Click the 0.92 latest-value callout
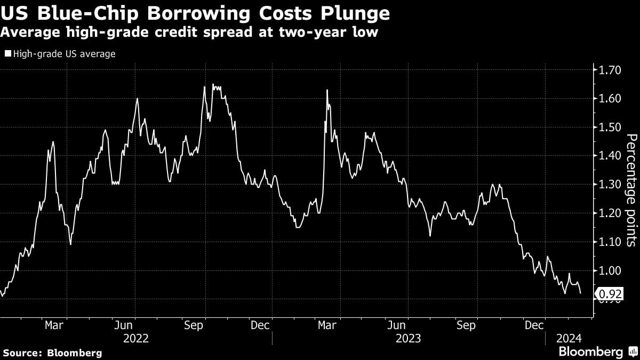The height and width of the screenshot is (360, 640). (609, 293)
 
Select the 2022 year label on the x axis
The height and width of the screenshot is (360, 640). (137, 339)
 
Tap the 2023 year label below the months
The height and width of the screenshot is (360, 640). (408, 339)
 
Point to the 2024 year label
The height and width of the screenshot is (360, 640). (570, 339)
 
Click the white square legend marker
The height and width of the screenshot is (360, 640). (7, 54)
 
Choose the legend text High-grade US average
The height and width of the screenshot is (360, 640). (64, 54)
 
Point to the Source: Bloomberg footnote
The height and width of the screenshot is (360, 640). (52, 353)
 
